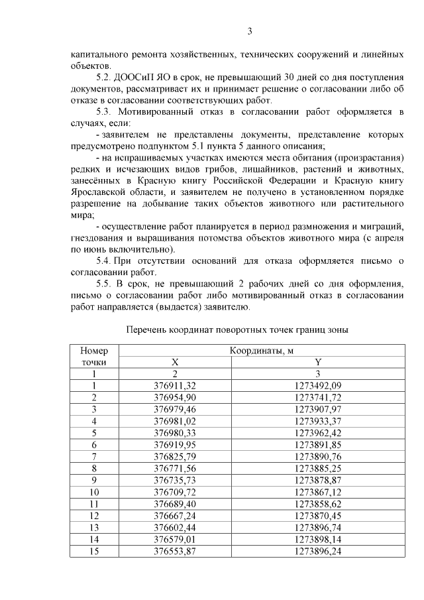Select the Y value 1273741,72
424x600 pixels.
(317, 397)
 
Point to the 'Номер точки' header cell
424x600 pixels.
(94, 357)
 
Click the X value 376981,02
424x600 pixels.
(175, 421)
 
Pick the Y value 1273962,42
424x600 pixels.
(317, 433)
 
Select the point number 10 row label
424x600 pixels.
(94, 493)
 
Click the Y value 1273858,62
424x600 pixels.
(317, 505)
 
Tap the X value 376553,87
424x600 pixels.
(175, 552)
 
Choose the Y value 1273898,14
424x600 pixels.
(317, 540)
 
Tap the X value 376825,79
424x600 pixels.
(175, 457)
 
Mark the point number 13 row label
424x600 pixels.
(94, 528)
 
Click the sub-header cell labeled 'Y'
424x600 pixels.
(317, 363)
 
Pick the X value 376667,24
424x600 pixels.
(175, 516)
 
